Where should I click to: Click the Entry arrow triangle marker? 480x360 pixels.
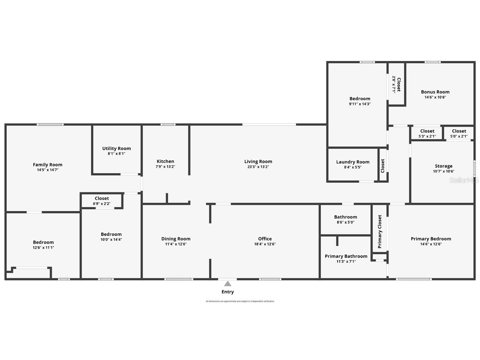pos(227,283)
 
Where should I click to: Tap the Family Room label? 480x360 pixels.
pos(48,165)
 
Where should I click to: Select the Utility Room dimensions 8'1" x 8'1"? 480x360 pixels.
pos(116,154)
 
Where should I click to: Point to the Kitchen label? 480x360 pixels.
pos(165,161)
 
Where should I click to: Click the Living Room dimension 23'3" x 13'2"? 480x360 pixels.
pos(258,167)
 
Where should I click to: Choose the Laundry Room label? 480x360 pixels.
pos(353,162)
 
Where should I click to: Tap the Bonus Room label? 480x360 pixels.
pos(435,92)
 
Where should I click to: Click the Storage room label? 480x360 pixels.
pos(443,166)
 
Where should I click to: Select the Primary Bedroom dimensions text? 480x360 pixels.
pos(431,244)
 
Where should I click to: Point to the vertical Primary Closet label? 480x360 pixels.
pos(380,231)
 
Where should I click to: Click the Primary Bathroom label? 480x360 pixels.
pos(346,256)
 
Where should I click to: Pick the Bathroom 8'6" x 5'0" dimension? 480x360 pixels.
pos(345,222)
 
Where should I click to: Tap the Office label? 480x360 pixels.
pos(265,239)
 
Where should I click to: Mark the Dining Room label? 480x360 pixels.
pos(176,239)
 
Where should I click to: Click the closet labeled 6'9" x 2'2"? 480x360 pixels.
pos(102,201)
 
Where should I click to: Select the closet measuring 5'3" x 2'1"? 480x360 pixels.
pos(427,133)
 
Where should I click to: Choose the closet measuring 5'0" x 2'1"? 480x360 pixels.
pos(459,133)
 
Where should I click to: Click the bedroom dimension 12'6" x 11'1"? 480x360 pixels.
pos(43,248)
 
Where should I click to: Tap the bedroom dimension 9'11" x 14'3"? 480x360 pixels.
pos(360,104)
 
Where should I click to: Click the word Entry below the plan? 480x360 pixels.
pos(227,292)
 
